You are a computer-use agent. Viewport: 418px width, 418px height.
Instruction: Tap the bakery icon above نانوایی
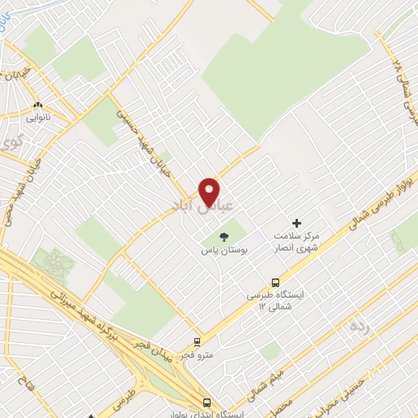38,104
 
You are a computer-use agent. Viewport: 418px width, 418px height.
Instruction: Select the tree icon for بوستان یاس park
225,237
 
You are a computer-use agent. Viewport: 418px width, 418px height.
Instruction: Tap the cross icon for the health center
296,222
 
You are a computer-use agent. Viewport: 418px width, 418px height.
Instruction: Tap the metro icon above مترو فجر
197,343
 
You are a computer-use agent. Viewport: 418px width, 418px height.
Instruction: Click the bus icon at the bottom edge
207,402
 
